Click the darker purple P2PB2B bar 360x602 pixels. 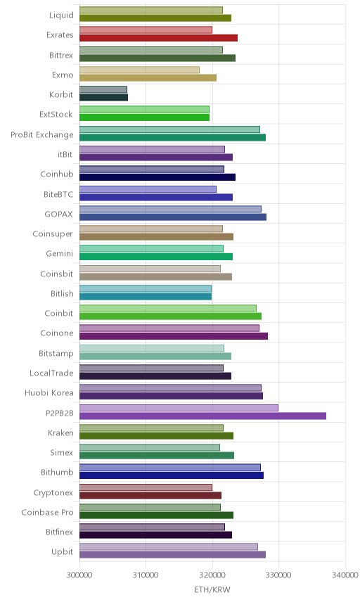(x=202, y=416)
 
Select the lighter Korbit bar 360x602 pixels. (x=103, y=89)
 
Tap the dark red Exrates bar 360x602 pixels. (x=158, y=38)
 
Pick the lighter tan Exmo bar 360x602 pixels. (x=139, y=70)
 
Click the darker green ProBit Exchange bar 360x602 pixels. (x=172, y=137)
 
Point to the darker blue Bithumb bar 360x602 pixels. (x=172, y=475)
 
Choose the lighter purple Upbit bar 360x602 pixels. (x=169, y=546)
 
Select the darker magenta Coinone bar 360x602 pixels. (x=174, y=336)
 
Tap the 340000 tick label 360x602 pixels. (x=345, y=575)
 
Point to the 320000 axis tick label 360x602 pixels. (x=212, y=575)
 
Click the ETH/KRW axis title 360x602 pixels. (x=212, y=589)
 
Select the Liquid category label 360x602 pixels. (x=61, y=15)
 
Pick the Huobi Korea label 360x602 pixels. (x=49, y=392)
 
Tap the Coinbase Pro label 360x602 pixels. (x=47, y=512)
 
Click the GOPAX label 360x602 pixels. (x=59, y=214)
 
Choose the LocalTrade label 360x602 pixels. (x=51, y=373)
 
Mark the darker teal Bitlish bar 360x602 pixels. (x=146, y=296)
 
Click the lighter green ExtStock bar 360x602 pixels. (x=144, y=109)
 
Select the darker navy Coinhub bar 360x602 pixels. (x=157, y=177)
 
